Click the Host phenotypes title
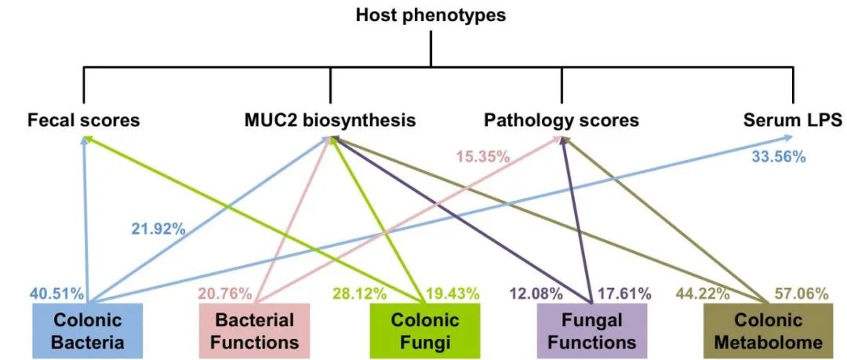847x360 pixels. [431, 15]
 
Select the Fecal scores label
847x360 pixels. [83, 121]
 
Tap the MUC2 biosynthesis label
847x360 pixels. [330, 121]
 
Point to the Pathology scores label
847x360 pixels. [562, 121]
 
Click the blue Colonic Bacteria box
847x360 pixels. [88, 331]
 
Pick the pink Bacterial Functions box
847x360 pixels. [254, 331]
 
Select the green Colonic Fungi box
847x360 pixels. [424, 331]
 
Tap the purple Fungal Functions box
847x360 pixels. [591, 331]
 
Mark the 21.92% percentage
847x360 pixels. [158, 229]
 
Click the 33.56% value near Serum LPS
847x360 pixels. [778, 156]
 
